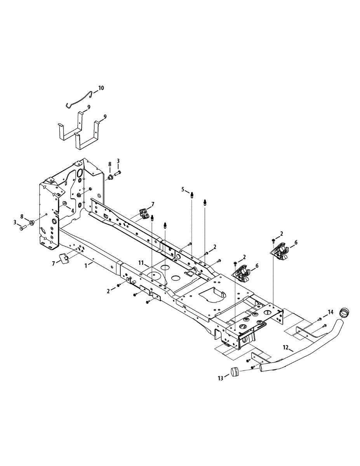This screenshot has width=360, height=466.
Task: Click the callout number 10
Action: coord(101,88)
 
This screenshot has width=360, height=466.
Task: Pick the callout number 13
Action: coord(221,377)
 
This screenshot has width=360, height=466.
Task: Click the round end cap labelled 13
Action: coord(234,372)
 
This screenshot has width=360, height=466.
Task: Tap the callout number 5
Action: coord(183,189)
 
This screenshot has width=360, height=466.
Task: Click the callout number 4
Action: coord(71,209)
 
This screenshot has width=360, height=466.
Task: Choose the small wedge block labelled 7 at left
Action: coord(64,258)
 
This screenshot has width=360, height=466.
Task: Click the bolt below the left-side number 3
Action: coord(21,228)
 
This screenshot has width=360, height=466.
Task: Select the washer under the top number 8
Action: coord(110,177)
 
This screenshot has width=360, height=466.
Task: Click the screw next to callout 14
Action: coord(320,319)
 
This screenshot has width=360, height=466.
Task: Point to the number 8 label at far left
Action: coord(22,216)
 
